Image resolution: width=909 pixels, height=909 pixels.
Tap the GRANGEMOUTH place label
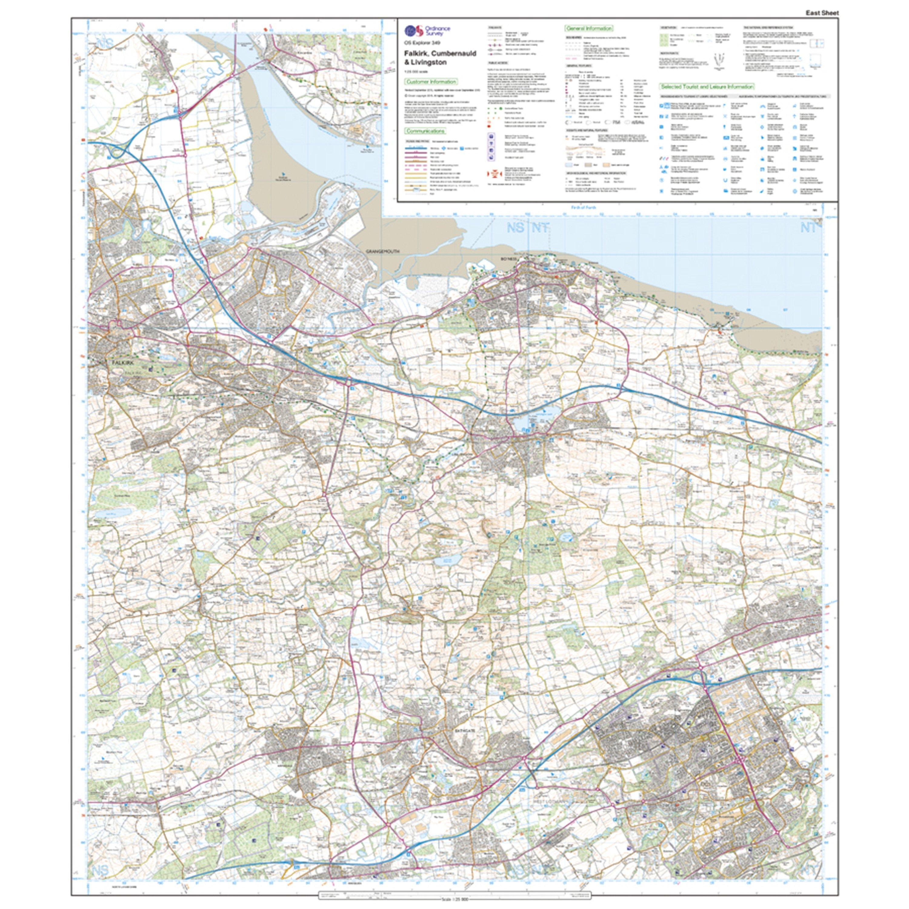pos(382,252)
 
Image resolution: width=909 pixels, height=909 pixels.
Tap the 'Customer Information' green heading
pos(431,82)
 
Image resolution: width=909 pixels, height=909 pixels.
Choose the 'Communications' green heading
pos(425,131)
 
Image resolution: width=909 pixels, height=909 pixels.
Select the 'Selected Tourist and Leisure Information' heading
pos(707,87)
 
